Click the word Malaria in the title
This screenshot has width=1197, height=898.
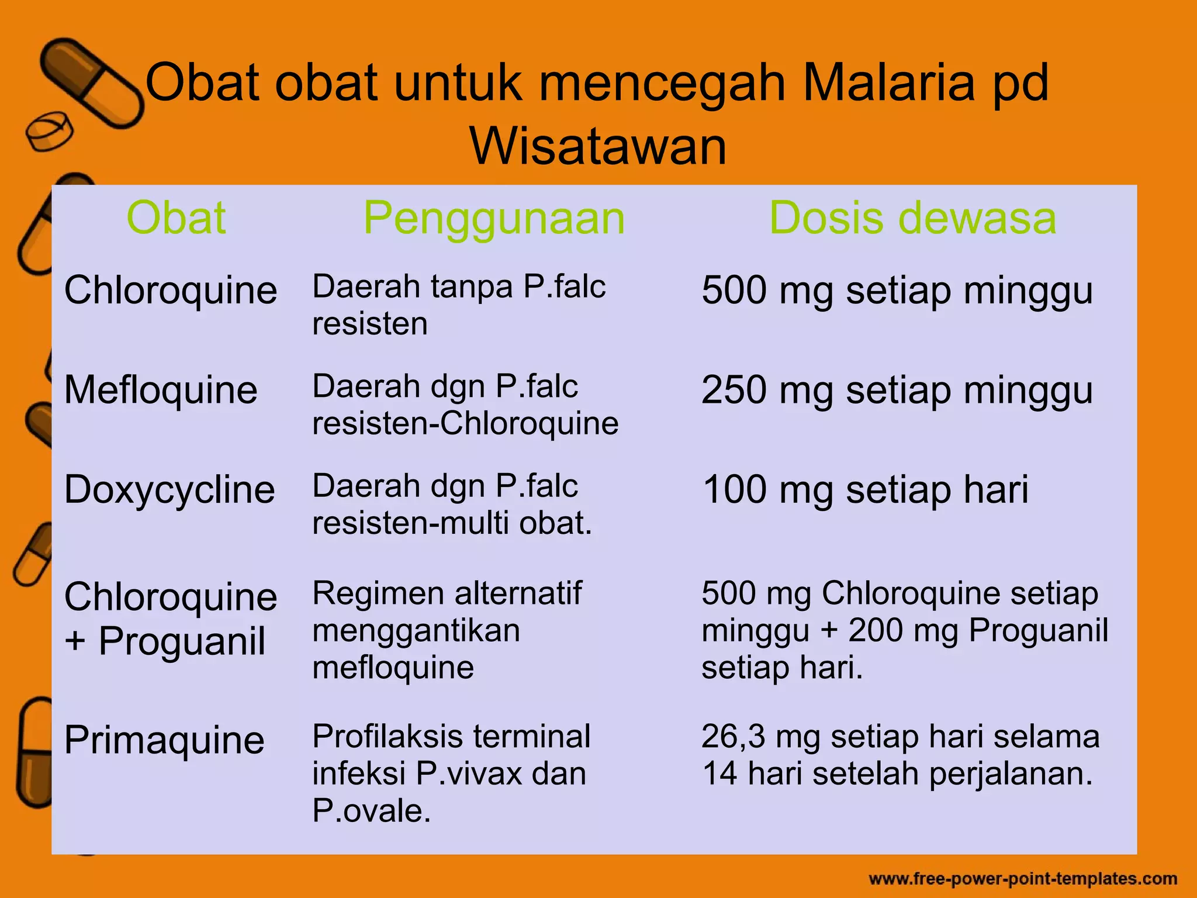click(x=888, y=83)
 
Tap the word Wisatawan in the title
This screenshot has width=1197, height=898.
click(x=598, y=146)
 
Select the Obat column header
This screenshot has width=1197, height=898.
click(x=176, y=218)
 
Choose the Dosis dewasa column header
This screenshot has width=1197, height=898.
click(x=912, y=218)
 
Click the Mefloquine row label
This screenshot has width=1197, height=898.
click(x=161, y=390)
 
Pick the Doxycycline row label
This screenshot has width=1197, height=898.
click(x=169, y=490)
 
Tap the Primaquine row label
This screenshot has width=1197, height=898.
click(x=164, y=740)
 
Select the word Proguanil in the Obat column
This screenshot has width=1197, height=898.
click(x=182, y=641)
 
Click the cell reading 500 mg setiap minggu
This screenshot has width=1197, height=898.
click(x=897, y=291)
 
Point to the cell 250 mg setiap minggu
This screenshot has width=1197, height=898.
click(x=897, y=390)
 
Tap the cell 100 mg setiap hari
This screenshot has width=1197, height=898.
click(x=865, y=489)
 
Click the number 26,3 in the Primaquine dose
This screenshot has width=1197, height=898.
click(x=733, y=737)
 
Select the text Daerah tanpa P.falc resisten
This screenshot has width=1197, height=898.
click(x=459, y=305)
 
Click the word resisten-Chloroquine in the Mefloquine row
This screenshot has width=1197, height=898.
click(x=465, y=423)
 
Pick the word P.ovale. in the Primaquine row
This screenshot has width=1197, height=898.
click(x=371, y=811)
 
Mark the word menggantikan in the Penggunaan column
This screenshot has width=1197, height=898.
click(x=416, y=631)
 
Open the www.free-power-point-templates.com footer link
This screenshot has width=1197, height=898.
click(x=1023, y=879)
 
